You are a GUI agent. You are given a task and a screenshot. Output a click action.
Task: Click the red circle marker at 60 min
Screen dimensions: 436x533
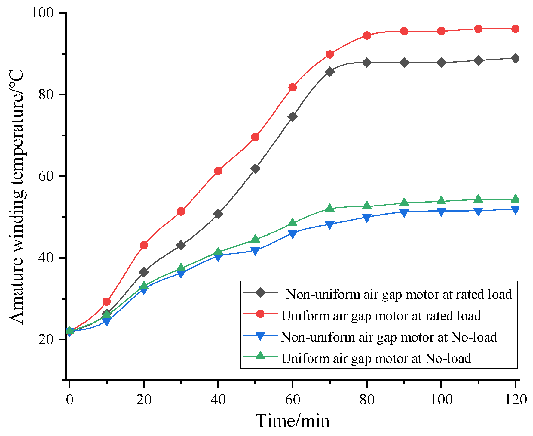pyautogui.click(x=293, y=88)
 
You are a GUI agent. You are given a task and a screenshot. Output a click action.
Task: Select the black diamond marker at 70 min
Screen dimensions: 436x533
pyautogui.click(x=330, y=72)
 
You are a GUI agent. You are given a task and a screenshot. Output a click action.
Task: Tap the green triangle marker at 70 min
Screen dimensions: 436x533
pyautogui.click(x=330, y=208)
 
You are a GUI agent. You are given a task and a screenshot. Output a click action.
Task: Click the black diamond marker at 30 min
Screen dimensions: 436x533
pyautogui.click(x=181, y=245)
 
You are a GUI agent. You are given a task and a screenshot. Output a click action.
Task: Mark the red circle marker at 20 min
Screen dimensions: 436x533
pyautogui.click(x=144, y=245)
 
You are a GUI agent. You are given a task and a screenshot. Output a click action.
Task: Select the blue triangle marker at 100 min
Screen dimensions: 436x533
pyautogui.click(x=441, y=212)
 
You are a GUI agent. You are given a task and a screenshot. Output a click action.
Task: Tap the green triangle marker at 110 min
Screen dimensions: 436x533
pyautogui.click(x=478, y=199)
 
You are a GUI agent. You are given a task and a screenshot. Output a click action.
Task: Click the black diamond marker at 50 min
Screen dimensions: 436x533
pyautogui.click(x=255, y=169)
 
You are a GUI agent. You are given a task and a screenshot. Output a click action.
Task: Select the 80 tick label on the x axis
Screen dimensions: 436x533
pyautogui.click(x=367, y=400)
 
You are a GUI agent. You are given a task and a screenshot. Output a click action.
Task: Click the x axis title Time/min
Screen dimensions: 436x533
pyautogui.click(x=293, y=421)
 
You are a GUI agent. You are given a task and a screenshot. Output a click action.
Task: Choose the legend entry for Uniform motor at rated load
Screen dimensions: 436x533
pyautogui.click(x=381, y=316)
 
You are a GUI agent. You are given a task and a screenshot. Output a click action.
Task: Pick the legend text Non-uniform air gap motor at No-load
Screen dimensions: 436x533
pyautogui.click(x=389, y=337)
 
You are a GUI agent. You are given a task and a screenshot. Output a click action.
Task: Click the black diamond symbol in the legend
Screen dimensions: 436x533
pyautogui.click(x=260, y=292)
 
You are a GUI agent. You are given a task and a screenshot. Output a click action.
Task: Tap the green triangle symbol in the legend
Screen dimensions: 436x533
pyautogui.click(x=260, y=356)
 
